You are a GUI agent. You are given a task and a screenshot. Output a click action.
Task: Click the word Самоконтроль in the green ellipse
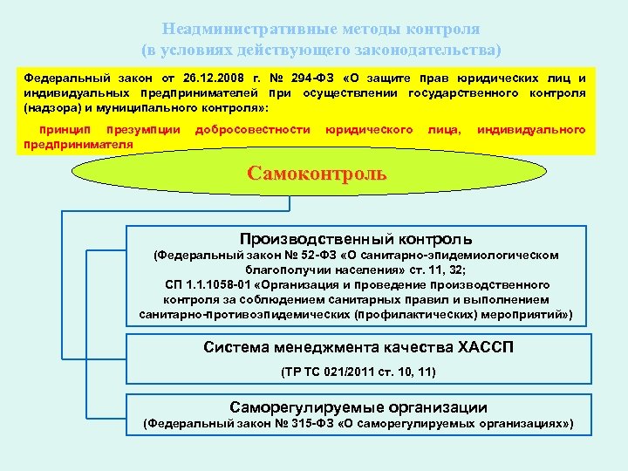(317, 174)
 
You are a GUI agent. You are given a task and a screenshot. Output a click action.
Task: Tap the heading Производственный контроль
(356, 239)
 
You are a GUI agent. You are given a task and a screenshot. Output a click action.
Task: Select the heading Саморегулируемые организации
(358, 407)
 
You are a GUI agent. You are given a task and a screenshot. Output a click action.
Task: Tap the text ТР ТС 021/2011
(329, 372)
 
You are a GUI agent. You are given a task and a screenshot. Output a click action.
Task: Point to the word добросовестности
(253, 130)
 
